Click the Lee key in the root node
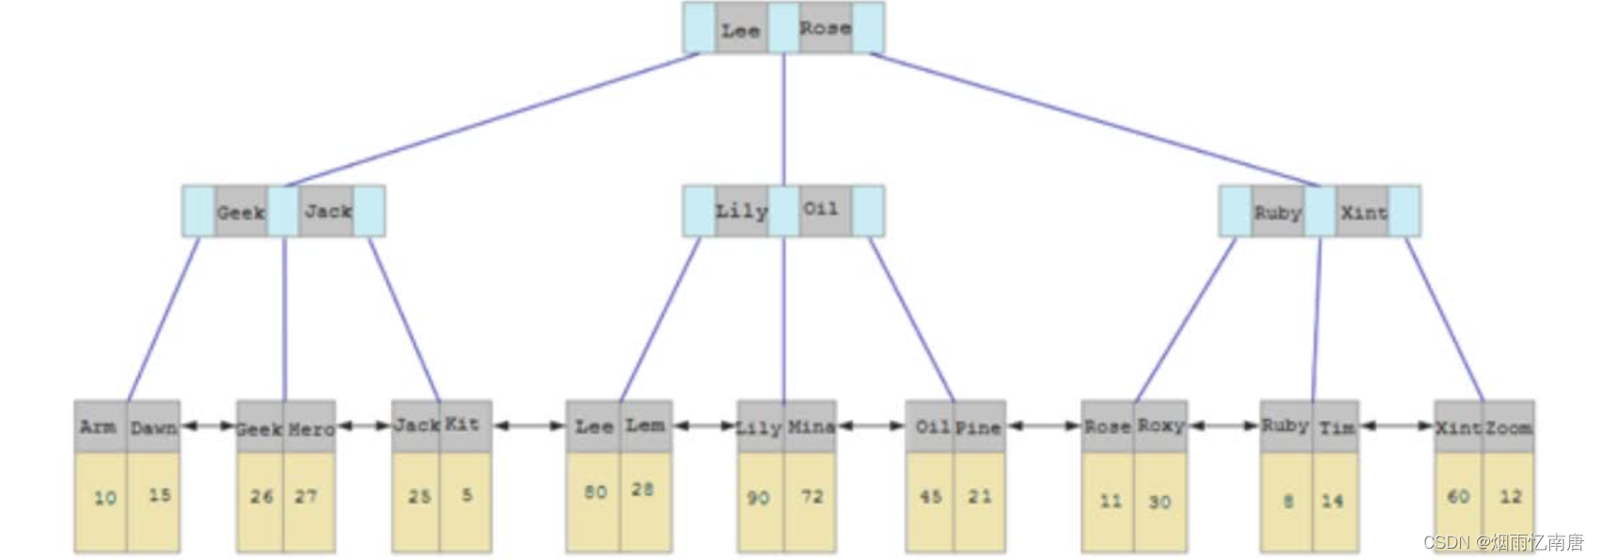tap(740, 30)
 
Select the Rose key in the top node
tap(825, 28)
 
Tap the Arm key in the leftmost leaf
tap(99, 428)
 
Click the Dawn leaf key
tap(154, 428)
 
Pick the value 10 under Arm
tap(104, 498)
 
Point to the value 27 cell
tap(306, 496)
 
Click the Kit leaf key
tap(462, 425)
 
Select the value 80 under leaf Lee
tap(595, 492)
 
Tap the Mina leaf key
tap(811, 428)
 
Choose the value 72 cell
tap(812, 496)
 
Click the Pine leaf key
tap(978, 428)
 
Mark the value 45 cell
tap(930, 496)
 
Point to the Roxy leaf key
tap(1160, 426)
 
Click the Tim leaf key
tap(1336, 428)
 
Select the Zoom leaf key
tap(1509, 428)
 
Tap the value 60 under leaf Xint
tap(1458, 496)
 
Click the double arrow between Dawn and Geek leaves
tap(208, 426)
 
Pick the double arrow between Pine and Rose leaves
tap(1043, 426)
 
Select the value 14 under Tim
tap(1332, 501)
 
